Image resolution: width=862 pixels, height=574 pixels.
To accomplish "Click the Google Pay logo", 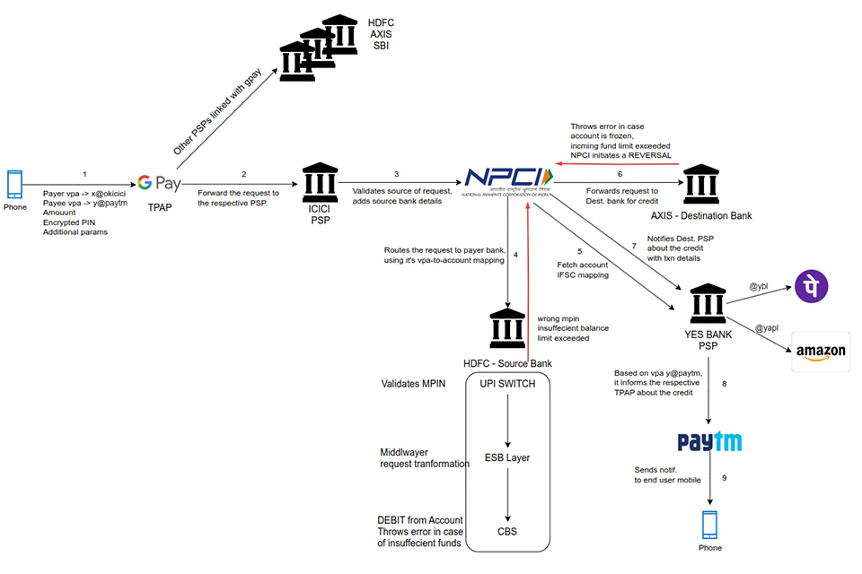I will pyautogui.click(x=160, y=184).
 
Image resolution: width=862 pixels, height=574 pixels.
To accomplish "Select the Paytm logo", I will pyautogui.click(x=709, y=442).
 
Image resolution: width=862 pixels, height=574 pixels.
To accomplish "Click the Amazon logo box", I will pyautogui.click(x=821, y=352).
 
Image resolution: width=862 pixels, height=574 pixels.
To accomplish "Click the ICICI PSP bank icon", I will pyautogui.click(x=319, y=183).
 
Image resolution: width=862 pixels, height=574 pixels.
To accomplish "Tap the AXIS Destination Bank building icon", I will pyautogui.click(x=700, y=186).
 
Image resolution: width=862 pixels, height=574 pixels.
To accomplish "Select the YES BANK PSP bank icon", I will pyautogui.click(x=708, y=306).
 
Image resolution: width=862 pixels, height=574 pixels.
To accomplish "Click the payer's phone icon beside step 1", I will pyautogui.click(x=15, y=184).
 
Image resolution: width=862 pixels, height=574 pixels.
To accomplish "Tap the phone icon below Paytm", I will pyautogui.click(x=710, y=525).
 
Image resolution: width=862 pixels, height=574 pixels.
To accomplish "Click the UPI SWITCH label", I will pyautogui.click(x=508, y=383).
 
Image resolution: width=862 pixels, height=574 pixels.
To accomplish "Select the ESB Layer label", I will pyautogui.click(x=507, y=457).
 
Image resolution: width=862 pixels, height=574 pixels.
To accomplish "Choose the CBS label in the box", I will pyautogui.click(x=507, y=531).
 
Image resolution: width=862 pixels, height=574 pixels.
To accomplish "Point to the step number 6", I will pyautogui.click(x=619, y=174).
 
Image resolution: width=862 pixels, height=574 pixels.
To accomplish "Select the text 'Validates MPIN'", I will pyautogui.click(x=412, y=384).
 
